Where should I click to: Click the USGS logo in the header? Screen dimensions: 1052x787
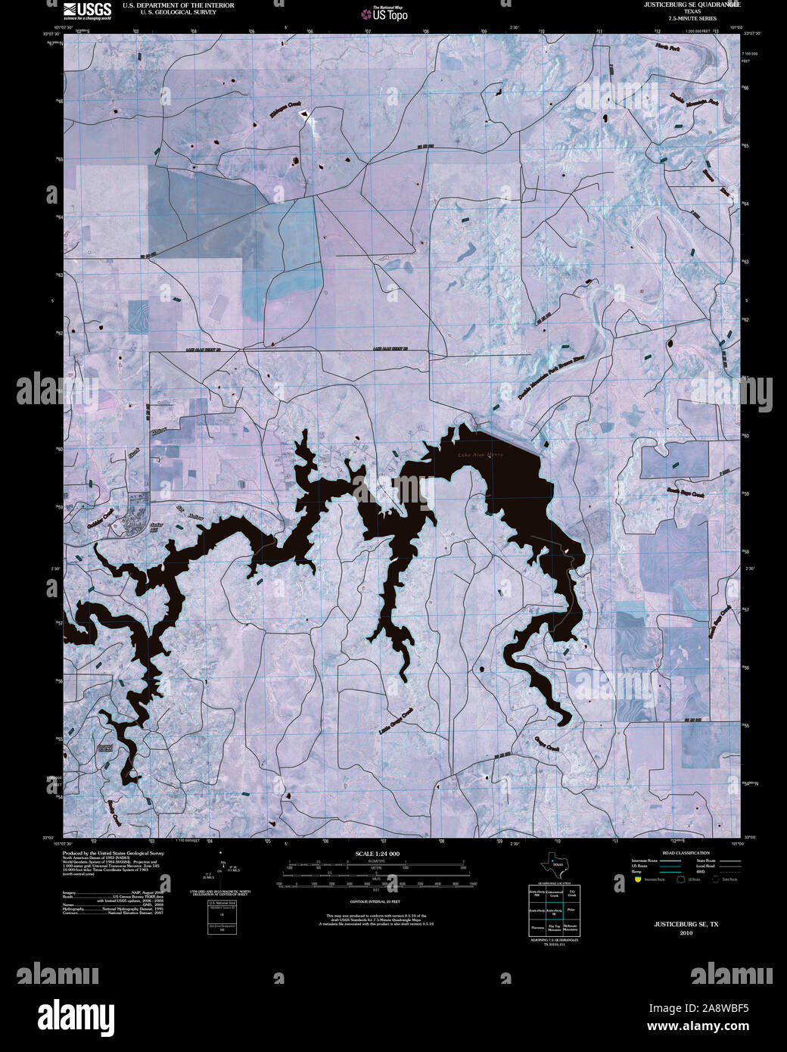pyautogui.click(x=88, y=10)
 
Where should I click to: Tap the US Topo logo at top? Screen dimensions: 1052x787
pyautogui.click(x=385, y=14)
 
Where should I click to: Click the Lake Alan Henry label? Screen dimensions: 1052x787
pyautogui.click(x=480, y=455)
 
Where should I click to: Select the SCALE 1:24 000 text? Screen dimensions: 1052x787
pyautogui.click(x=378, y=854)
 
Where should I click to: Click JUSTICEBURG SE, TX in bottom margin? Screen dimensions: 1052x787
pyautogui.click(x=686, y=924)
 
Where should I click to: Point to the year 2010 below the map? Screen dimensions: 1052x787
pyautogui.click(x=686, y=933)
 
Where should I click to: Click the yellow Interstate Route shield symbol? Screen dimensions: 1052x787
pyautogui.click(x=638, y=880)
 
